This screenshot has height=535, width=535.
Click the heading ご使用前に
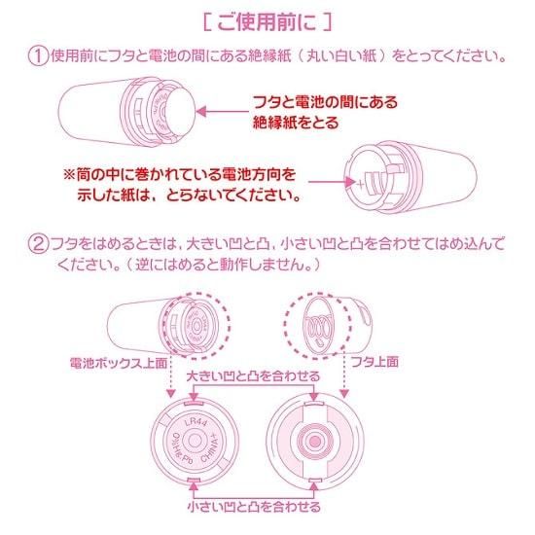click(267, 23)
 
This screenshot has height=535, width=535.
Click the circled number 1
click(38, 56)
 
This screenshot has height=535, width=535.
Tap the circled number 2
click(38, 245)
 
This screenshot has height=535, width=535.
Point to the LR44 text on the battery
click(196, 422)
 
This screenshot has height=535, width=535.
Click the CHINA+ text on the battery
click(212, 448)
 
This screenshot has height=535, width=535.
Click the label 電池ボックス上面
click(119, 363)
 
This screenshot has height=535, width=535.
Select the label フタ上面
click(374, 361)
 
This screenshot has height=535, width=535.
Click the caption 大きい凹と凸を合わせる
click(254, 376)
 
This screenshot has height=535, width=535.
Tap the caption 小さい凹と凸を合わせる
click(254, 507)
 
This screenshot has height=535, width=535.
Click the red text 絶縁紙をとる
click(296, 123)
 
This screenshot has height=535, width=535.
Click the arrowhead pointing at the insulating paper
click(201, 111)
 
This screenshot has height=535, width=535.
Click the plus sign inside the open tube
click(360, 184)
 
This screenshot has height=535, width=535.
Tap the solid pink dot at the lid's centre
click(315, 442)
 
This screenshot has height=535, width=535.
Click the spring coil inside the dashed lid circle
click(319, 328)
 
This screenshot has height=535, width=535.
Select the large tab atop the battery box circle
click(194, 403)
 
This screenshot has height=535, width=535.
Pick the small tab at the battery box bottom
click(194, 481)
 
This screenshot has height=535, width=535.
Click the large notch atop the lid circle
click(314, 404)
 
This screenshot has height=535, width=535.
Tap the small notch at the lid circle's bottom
click(315, 481)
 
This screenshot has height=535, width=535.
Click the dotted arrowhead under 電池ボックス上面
click(170, 393)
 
